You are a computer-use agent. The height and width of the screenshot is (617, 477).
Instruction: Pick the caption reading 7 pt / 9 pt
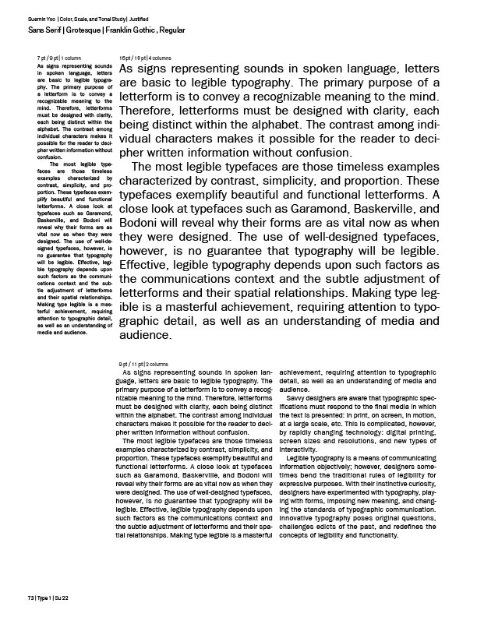(48, 59)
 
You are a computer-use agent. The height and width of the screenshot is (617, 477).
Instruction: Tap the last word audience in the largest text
(144, 336)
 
